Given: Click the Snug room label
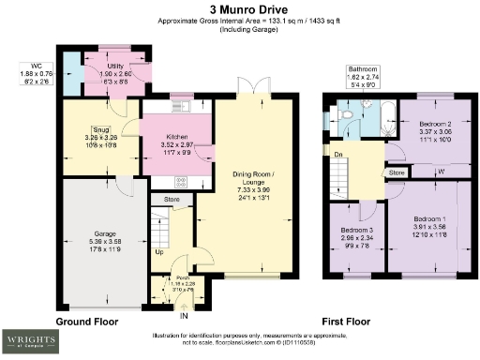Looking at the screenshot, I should pos(102,131).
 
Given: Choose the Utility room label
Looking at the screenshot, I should pos(113,66).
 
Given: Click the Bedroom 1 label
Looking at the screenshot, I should pos(430,218).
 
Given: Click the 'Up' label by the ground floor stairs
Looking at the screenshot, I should pos(158,252).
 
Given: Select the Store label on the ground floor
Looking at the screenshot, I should pos(171,200).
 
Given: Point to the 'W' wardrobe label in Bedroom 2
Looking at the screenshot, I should pos(440,171).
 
